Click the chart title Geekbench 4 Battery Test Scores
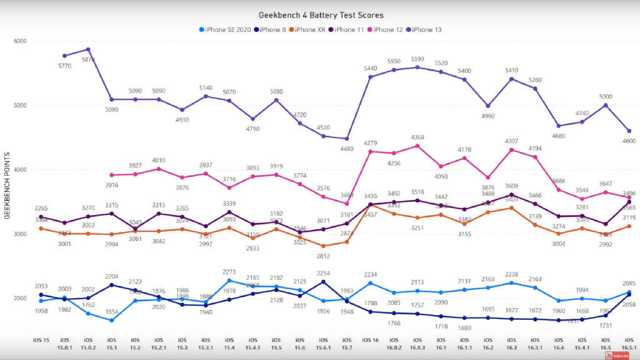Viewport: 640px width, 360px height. click(x=321, y=15)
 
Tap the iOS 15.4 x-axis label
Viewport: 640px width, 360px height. click(x=229, y=342)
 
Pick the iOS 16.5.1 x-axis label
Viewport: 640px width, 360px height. click(x=629, y=342)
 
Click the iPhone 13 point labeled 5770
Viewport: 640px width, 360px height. click(x=64, y=56)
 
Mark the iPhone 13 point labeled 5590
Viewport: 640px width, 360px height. click(x=417, y=67)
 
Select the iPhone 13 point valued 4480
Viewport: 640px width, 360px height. click(x=347, y=139)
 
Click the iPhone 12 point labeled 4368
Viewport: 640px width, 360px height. click(x=417, y=146)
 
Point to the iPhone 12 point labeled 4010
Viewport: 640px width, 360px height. click(x=159, y=169)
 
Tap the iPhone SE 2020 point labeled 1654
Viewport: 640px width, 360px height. click(x=111, y=320)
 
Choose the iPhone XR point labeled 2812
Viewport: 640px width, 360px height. click(x=324, y=246)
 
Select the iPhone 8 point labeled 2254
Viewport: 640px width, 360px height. click(x=324, y=281)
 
